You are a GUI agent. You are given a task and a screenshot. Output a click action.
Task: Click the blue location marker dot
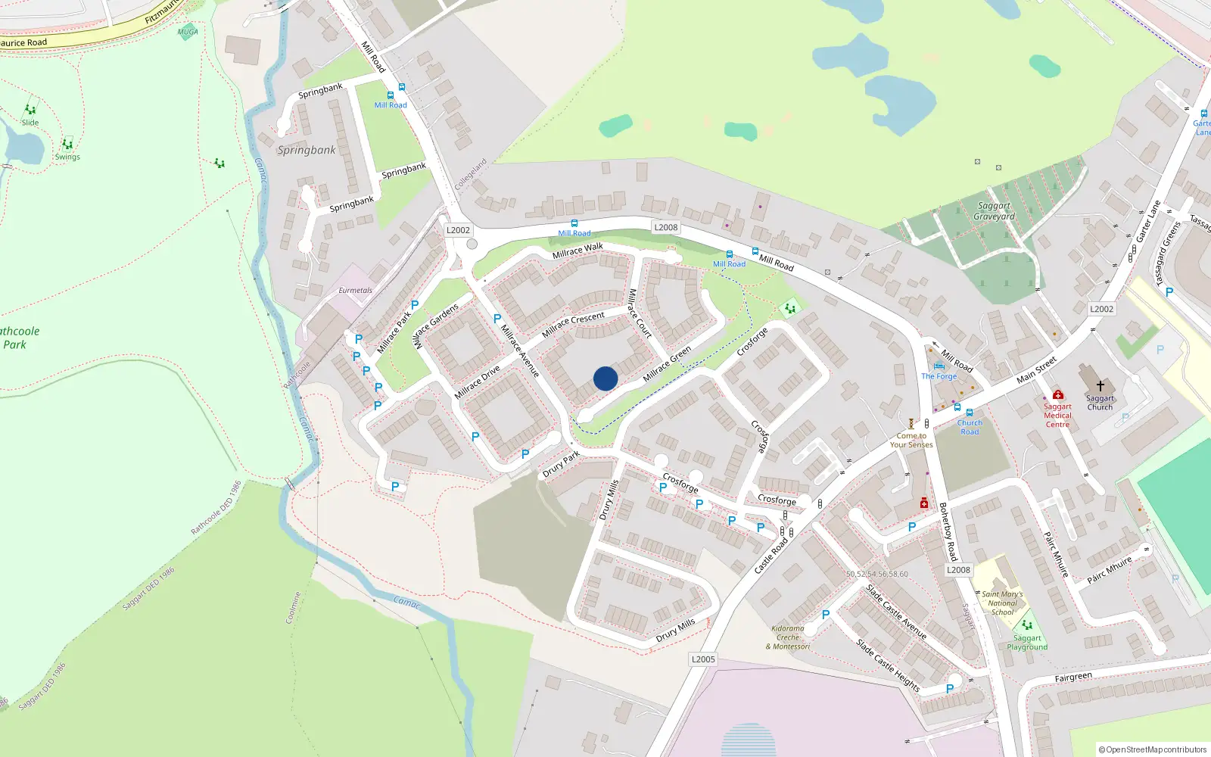(605, 378)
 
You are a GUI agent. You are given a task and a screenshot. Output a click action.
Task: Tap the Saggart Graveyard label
(994, 211)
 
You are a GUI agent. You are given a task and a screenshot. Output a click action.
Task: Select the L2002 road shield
(458, 230)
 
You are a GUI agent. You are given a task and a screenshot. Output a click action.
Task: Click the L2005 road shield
(703, 659)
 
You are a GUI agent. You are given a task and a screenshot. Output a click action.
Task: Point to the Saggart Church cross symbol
(1100, 386)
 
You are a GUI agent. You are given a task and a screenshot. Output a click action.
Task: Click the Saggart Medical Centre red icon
(1058, 394)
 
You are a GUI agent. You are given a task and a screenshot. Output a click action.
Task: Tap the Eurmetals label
(355, 291)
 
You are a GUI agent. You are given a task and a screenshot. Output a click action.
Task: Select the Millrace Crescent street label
(573, 323)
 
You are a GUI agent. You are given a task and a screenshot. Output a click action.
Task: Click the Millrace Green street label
(667, 364)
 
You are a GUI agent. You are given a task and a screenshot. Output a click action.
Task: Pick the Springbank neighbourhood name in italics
(307, 150)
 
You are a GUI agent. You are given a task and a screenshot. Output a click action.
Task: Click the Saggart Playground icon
(1027, 625)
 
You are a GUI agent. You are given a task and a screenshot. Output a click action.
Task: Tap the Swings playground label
(67, 157)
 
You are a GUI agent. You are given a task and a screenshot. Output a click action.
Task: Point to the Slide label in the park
(30, 123)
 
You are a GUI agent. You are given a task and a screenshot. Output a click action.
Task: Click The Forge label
(939, 376)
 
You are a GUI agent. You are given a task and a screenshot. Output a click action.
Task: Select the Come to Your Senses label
(911, 440)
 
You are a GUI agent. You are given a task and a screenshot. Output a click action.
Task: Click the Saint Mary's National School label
(1002, 603)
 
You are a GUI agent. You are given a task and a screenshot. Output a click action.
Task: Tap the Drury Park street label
(561, 463)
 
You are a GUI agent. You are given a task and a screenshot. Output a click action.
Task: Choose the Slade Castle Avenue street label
(896, 612)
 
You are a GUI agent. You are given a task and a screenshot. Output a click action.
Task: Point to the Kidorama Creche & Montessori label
(787, 637)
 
